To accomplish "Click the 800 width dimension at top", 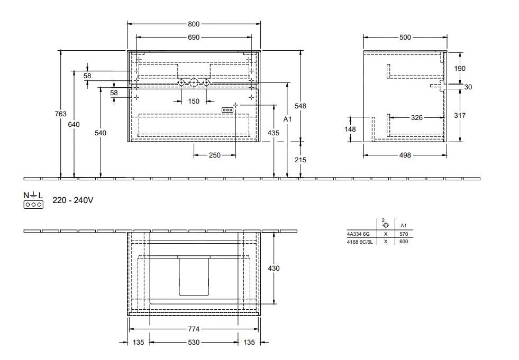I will point(194,24).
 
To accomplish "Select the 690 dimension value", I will point(194,38).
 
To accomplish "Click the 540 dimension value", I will point(100,133).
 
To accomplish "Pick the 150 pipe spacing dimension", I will point(194,101).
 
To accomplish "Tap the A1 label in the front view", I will point(287,119).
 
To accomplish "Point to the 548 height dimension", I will point(301,106).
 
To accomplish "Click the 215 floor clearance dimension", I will point(301,160).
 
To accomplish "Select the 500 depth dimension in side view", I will point(405,38).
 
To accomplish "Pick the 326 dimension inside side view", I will point(417,118).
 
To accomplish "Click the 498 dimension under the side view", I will point(405,155).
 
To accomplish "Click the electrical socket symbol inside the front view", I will point(228,109).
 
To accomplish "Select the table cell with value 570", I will point(403,233).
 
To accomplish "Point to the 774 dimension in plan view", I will point(194,328).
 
